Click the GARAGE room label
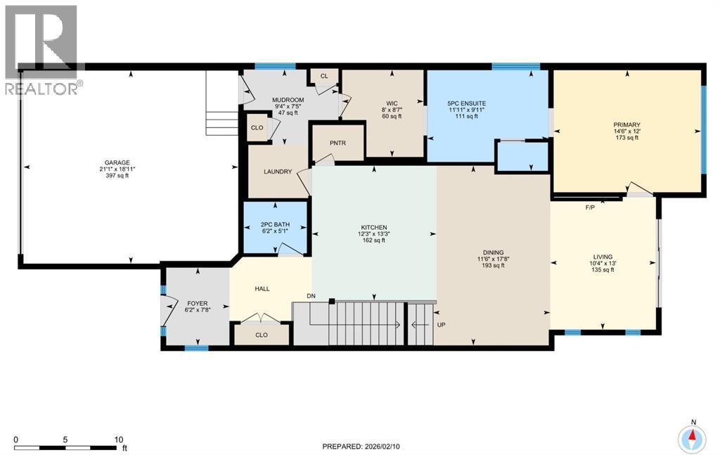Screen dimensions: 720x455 click(117, 162)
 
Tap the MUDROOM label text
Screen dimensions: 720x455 click(288, 100)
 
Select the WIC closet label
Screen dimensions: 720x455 click(392, 103)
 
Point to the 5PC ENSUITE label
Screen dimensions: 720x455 click(467, 104)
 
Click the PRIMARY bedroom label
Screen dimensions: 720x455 click(626, 125)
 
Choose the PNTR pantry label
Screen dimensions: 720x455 click(337, 143)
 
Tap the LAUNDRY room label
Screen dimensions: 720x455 click(278, 172)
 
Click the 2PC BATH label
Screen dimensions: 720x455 click(275, 224)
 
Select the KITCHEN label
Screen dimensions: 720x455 click(374, 227)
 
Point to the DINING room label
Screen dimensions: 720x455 click(493, 252)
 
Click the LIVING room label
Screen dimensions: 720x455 click(603, 257)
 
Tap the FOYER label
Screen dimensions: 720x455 click(197, 304)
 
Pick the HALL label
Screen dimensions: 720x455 click(262, 289)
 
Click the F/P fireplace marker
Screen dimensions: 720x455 click(590, 207)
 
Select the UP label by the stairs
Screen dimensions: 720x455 click(441, 325)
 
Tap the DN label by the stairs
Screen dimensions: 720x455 click(311, 296)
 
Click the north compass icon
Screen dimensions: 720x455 click(693, 437)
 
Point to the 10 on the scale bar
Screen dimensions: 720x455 click(118, 440)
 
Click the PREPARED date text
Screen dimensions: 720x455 click(364, 447)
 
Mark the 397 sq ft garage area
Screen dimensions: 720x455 click(117, 175)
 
